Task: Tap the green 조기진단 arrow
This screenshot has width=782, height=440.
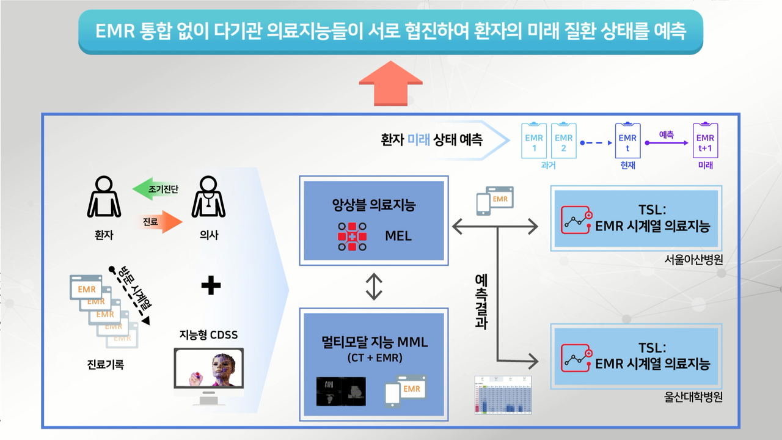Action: (155, 189)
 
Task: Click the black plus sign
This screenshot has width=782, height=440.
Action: (211, 285)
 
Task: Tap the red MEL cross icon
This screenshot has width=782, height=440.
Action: (352, 236)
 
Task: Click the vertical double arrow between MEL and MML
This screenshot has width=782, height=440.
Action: (374, 286)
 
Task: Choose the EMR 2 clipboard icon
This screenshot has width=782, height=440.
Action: (564, 141)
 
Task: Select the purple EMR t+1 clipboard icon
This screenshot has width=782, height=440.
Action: (704, 141)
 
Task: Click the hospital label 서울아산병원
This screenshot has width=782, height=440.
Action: (693, 259)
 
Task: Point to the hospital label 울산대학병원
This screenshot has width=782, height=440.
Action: (693, 397)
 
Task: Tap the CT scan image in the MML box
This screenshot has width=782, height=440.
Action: (341, 391)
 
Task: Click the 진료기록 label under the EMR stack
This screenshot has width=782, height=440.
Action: (106, 365)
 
